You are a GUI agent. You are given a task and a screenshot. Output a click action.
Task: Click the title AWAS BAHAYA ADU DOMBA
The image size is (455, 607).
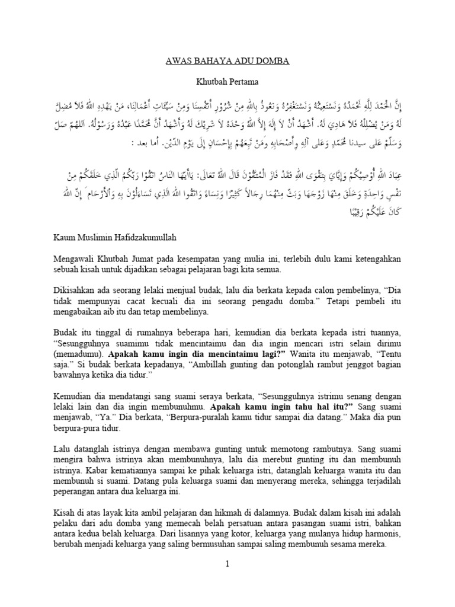(227, 60)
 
